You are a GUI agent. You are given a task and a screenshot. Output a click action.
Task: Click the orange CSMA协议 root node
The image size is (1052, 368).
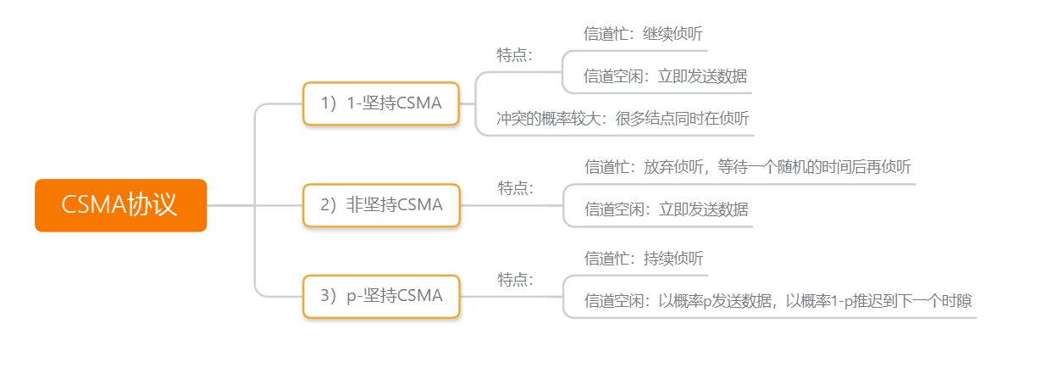120,205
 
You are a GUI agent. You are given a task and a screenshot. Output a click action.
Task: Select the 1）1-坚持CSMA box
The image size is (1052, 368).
381,103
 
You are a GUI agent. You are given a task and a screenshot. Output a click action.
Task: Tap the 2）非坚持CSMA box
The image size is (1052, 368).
381,205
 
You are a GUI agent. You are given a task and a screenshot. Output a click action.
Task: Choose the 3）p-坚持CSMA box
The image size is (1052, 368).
381,296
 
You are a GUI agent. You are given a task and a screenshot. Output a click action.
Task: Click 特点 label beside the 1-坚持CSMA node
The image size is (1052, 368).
515,55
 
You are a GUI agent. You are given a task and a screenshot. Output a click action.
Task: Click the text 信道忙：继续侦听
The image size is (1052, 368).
643,35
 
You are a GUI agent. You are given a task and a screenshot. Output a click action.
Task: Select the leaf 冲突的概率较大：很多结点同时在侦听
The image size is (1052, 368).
623,119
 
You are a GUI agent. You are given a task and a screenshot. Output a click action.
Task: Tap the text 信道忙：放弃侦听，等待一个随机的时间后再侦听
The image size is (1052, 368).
748,167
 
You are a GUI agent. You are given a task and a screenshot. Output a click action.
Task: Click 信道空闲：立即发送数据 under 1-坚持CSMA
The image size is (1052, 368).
665,76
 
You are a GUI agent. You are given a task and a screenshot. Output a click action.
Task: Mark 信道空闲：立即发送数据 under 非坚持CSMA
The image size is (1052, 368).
666,209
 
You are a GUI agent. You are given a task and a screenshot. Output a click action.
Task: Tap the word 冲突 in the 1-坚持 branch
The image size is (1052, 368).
512,119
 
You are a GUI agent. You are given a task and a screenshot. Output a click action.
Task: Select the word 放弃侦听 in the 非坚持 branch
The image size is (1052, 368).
673,167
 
